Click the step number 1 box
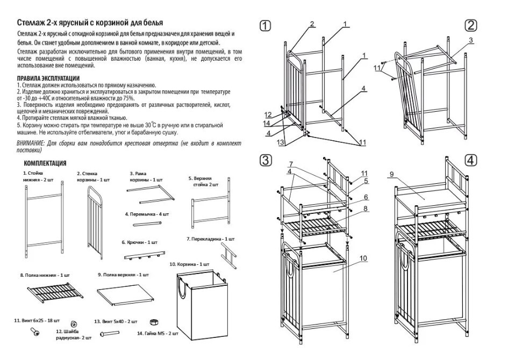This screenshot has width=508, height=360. [265, 25]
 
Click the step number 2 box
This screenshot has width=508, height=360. [471, 25]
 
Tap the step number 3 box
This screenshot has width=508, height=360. [265, 160]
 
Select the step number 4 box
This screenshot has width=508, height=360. [471, 160]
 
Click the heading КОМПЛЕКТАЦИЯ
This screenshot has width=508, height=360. [45, 163]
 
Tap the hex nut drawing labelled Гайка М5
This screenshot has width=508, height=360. [152, 321]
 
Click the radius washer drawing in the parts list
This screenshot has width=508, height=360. [73, 324]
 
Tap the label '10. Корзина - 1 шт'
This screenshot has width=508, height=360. [189, 265]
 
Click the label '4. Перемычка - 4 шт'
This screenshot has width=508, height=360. [146, 214]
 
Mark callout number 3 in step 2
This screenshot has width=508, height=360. [470, 40]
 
